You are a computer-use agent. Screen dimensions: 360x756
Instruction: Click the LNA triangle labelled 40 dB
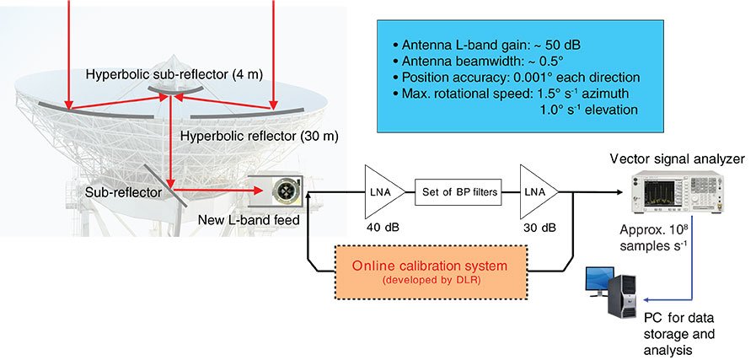coord(380,191)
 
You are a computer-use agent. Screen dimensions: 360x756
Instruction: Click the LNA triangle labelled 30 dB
coord(536,191)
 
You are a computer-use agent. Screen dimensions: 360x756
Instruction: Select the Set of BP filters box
coord(457,191)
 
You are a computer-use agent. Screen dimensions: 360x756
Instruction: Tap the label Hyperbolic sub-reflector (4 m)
coord(174,75)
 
